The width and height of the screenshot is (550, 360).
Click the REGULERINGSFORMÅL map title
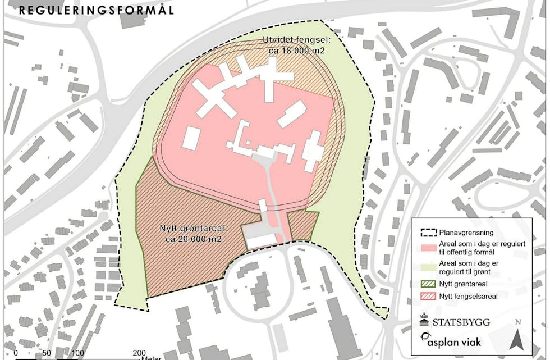(x=95, y=10)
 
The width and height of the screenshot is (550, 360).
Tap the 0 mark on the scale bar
(x=16, y=353)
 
